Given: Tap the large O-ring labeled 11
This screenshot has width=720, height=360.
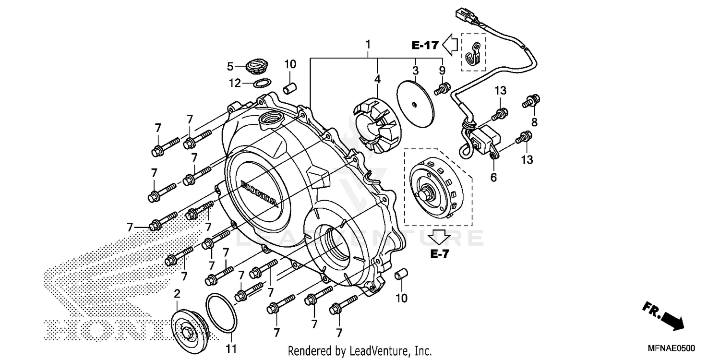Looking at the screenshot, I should tap(221, 313).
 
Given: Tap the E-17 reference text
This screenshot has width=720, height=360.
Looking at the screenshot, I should tap(425, 46).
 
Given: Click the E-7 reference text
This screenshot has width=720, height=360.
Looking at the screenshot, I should tap(439, 254).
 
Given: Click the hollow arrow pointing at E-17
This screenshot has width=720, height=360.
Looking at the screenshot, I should tap(450, 45).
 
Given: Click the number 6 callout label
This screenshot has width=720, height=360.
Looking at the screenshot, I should tap(493, 177).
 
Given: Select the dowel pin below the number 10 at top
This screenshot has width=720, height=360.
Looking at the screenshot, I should tap(289, 89).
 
